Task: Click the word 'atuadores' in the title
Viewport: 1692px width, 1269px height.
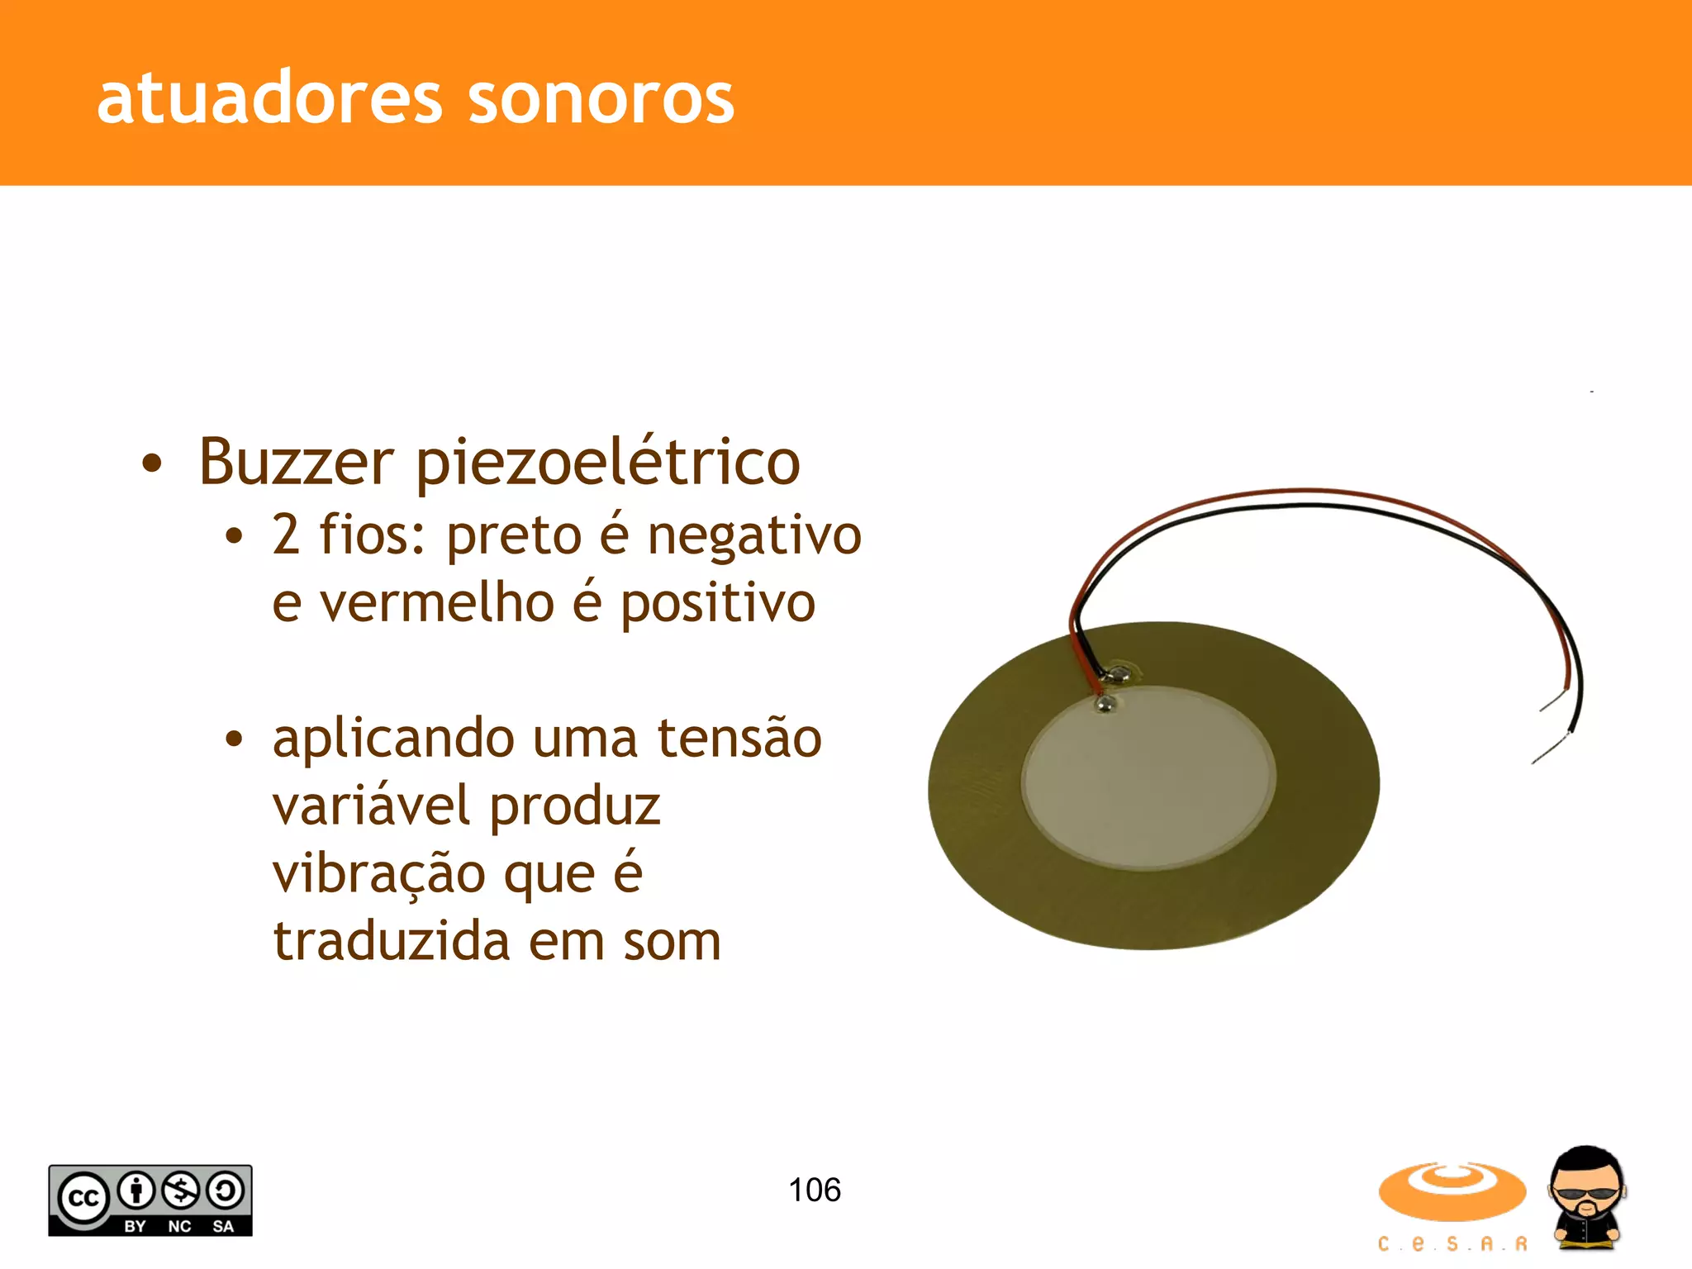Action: pos(269,98)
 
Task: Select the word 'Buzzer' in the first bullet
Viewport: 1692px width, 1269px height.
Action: pos(296,462)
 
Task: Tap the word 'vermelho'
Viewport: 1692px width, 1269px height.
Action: pos(437,603)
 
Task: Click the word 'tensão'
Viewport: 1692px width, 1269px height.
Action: pos(739,738)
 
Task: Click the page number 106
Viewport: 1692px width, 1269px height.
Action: pos(815,1191)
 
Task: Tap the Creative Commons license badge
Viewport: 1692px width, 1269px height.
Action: pos(150,1200)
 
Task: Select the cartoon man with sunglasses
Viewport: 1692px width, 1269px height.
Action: pos(1586,1197)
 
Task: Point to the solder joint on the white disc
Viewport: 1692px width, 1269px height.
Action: pos(1105,704)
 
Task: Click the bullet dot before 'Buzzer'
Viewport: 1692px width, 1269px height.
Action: pos(152,463)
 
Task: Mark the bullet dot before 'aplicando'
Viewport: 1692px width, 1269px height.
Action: pos(235,739)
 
